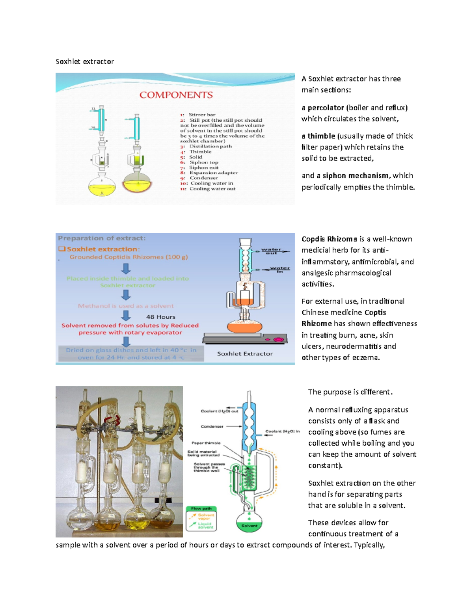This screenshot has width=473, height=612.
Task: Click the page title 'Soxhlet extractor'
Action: pyautogui.click(x=85, y=61)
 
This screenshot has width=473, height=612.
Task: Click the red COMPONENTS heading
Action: pyautogui.click(x=176, y=95)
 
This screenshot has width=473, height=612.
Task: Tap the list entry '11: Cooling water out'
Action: pyautogui.click(x=208, y=189)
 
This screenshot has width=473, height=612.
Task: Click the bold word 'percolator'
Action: pyautogui.click(x=326, y=108)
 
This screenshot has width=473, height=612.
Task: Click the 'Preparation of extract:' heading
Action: pyautogui.click(x=102, y=238)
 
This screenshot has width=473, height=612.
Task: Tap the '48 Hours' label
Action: pyautogui.click(x=160, y=317)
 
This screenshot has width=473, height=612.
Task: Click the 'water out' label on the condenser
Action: pyautogui.click(x=271, y=251)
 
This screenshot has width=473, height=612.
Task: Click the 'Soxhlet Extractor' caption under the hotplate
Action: pyautogui.click(x=245, y=354)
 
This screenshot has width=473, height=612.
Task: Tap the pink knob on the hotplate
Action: pyautogui.click(x=280, y=339)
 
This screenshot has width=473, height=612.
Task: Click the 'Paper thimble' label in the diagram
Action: pyautogui.click(x=206, y=443)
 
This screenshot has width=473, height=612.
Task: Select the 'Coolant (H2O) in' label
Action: pyautogui.click(x=282, y=431)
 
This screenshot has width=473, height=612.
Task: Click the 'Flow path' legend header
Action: pyautogui.click(x=201, y=508)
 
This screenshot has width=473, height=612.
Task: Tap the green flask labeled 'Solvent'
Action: pyautogui.click(x=249, y=522)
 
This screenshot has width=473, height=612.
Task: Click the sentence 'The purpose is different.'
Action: pyautogui.click(x=350, y=392)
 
